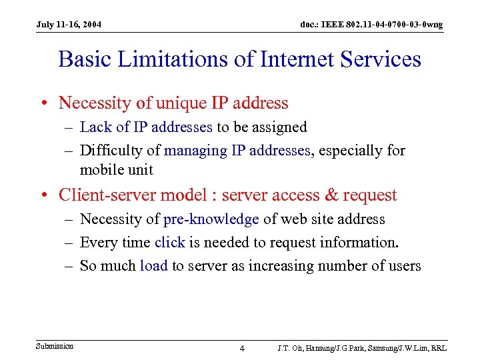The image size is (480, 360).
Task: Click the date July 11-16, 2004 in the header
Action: coord(69,25)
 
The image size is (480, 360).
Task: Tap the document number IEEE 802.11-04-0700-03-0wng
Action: coord(371,25)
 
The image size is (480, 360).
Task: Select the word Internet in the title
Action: coord(293,59)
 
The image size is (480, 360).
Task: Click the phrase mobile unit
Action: coord(116,169)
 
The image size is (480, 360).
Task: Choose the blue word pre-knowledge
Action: coord(211,219)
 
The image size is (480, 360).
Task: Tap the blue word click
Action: coord(169,243)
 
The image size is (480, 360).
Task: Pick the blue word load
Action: coord(153,266)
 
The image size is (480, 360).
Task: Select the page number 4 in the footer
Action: coord(242,349)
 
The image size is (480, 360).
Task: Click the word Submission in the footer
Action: coord(55,346)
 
